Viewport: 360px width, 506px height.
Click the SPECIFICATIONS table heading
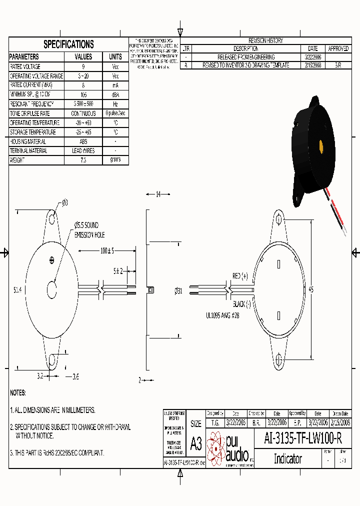tap(68, 44)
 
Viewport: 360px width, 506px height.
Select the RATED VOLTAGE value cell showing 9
tap(83, 66)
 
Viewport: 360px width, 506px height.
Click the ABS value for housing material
tap(83, 141)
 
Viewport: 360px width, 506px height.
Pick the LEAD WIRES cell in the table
tap(83, 151)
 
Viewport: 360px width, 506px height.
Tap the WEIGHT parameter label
tap(17, 160)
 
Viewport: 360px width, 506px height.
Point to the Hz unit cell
tap(115, 104)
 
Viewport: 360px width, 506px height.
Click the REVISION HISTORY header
tap(265, 40)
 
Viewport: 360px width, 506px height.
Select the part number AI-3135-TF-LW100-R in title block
tap(303, 439)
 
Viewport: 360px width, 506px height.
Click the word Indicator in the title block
tap(287, 458)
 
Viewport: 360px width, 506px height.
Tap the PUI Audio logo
tap(229, 448)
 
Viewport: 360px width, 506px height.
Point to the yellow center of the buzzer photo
tap(320, 146)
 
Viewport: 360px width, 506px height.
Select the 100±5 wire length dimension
tap(107, 250)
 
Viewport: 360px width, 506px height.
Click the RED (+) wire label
tap(240, 276)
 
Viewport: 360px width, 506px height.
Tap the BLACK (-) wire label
tap(241, 304)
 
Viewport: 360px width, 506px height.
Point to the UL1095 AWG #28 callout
tap(223, 315)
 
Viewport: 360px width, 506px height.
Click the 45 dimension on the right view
tap(311, 289)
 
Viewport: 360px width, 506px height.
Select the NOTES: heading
tap(18, 393)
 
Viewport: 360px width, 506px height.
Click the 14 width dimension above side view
tap(158, 194)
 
